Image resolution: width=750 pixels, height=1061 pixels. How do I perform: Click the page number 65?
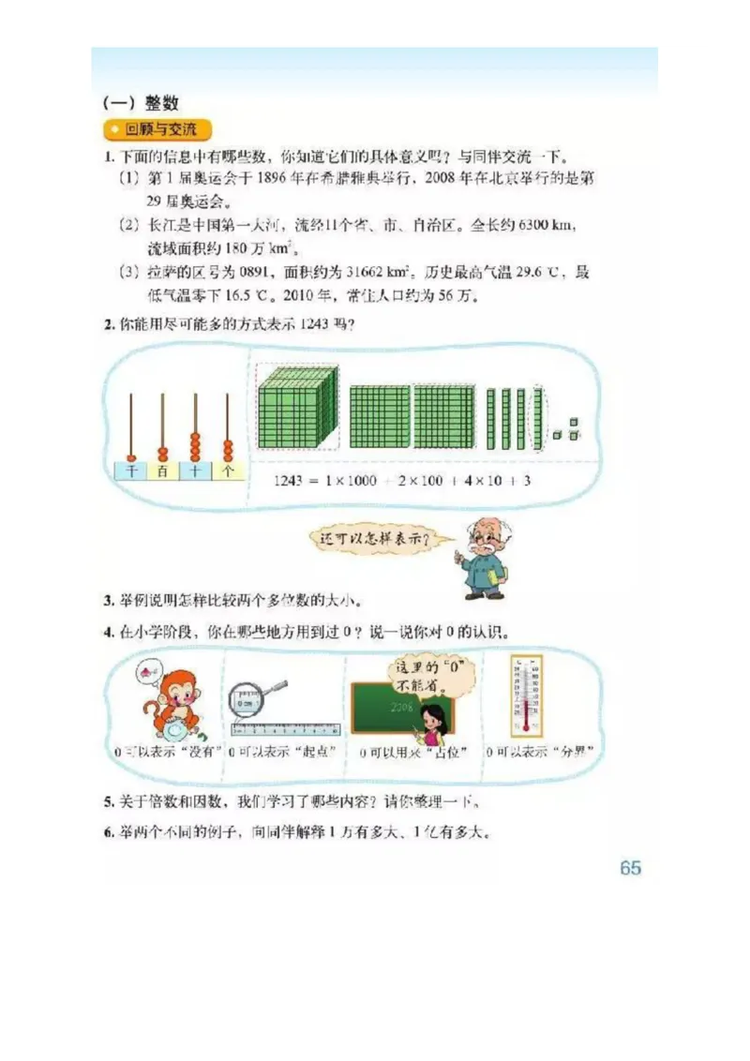630,868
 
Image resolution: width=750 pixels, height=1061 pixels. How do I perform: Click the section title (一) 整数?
141,103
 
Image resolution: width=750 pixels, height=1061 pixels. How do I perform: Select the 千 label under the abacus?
131,471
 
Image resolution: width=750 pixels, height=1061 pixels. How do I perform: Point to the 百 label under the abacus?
163,471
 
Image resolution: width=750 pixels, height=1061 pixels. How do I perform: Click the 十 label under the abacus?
195,471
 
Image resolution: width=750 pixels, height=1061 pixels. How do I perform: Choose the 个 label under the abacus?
227,471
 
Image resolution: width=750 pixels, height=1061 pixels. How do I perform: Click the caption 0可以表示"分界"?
542,752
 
